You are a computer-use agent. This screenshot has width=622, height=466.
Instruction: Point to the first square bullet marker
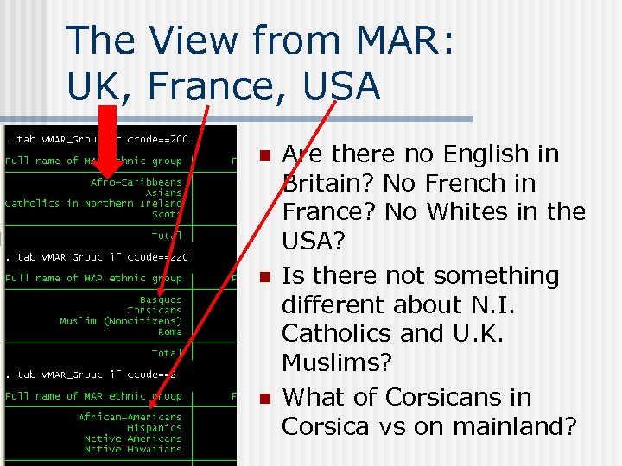(x=265, y=156)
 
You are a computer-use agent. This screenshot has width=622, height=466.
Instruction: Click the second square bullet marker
(x=265, y=278)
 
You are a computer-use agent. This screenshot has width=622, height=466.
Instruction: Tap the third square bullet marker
(x=265, y=399)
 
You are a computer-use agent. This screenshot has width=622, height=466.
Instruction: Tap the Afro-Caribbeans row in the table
(x=136, y=183)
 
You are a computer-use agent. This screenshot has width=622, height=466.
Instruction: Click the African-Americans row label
(x=130, y=418)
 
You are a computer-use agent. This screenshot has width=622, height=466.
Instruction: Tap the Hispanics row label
(x=155, y=428)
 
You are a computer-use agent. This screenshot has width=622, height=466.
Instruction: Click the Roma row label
(x=169, y=331)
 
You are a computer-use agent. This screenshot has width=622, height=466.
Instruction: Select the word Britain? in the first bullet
(x=329, y=183)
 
